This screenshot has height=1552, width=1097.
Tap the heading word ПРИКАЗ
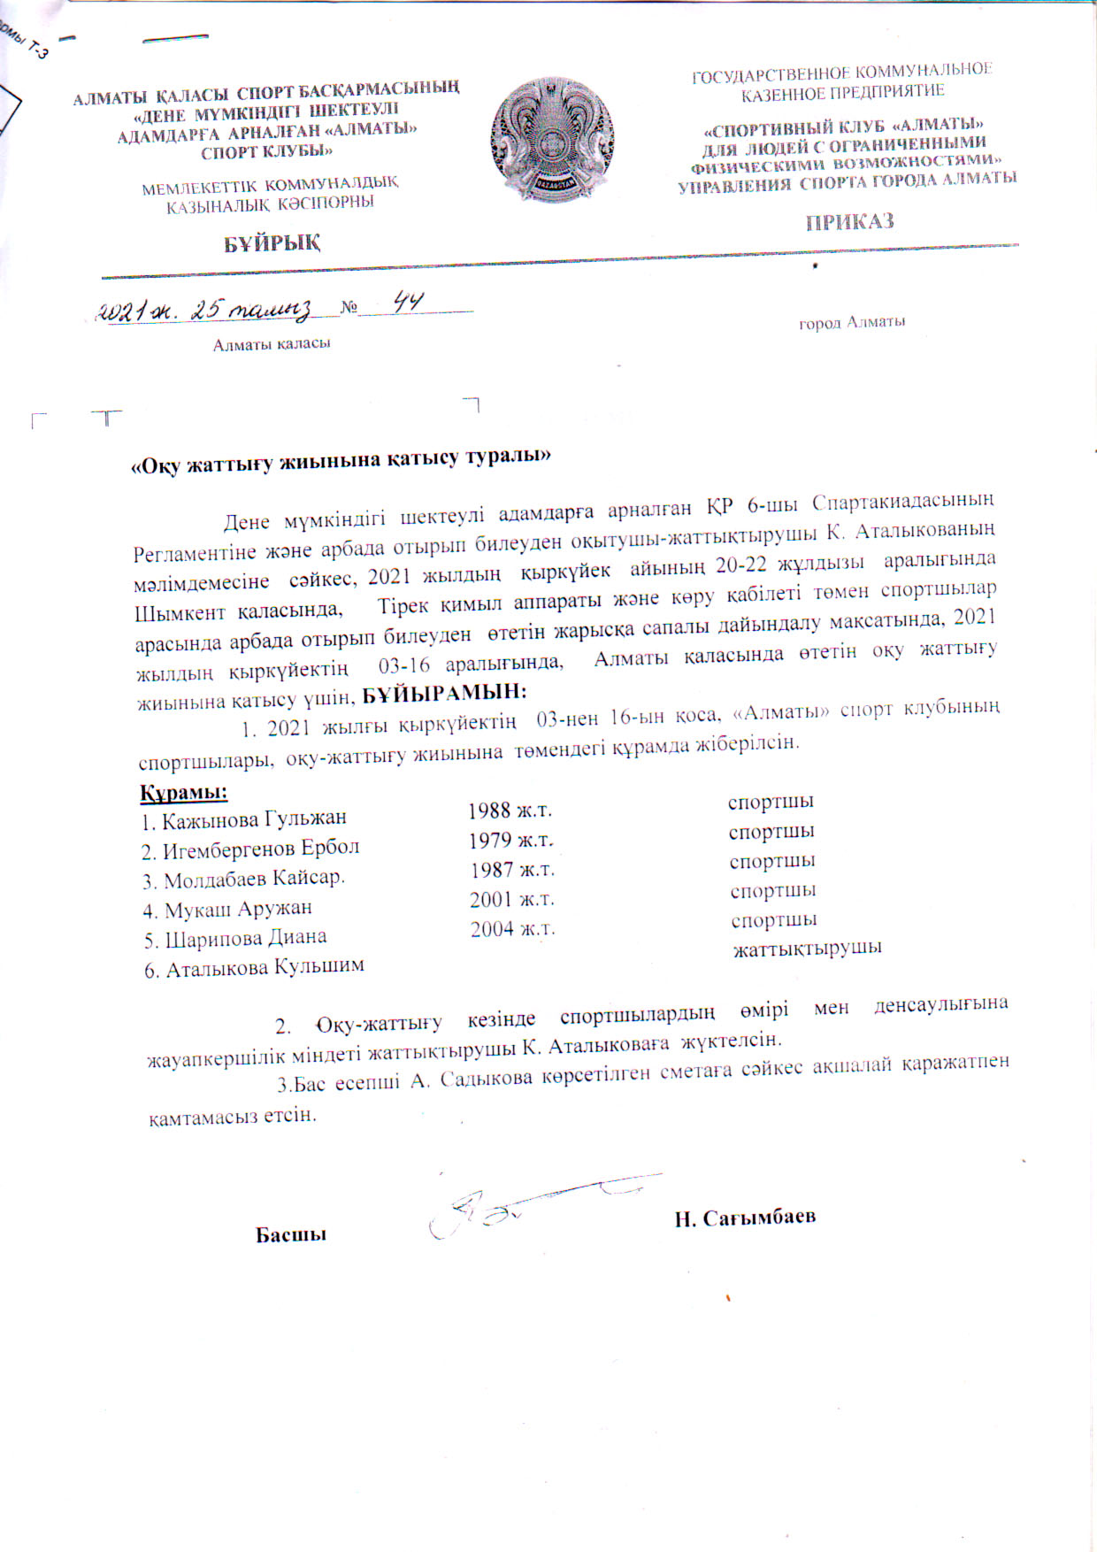point(849,222)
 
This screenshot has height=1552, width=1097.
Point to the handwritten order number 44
point(408,303)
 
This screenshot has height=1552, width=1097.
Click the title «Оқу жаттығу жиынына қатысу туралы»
point(341,460)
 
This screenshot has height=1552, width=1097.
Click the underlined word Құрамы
point(184,790)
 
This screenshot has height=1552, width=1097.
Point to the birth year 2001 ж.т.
point(511,900)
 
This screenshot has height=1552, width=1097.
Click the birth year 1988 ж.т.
point(510,811)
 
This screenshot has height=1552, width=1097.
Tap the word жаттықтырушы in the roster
point(807,949)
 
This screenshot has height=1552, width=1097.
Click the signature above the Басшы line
point(495,1209)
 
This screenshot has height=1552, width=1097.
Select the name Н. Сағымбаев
point(744,1218)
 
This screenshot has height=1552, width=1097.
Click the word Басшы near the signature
point(291,1234)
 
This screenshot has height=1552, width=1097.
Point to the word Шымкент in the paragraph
point(179,612)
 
